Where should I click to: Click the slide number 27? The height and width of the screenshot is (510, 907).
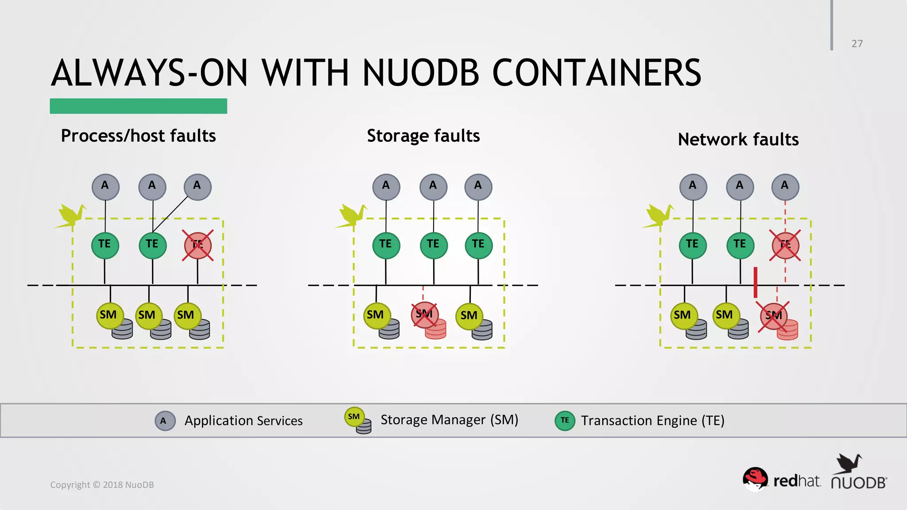point(857,43)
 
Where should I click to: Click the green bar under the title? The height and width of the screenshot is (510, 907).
point(138,106)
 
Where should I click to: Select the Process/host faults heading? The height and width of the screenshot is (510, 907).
point(138,135)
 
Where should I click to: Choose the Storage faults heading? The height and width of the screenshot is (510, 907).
point(423,135)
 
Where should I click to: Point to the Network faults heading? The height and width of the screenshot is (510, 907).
point(738,139)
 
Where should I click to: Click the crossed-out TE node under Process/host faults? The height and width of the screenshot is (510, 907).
point(198,245)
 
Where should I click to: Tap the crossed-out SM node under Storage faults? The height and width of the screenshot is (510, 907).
point(424,315)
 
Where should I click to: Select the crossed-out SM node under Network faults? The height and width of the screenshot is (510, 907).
point(773,316)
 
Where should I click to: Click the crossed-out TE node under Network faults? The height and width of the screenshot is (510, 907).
point(785,245)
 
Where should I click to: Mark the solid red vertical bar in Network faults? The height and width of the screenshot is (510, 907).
point(756,282)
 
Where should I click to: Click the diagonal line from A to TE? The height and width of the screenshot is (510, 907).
point(171,214)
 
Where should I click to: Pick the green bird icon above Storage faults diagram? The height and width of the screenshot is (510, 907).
point(352,216)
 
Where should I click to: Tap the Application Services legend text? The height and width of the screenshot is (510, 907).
point(244,421)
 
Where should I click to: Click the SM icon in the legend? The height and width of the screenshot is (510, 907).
point(357,419)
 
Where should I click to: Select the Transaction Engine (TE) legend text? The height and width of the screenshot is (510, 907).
point(652,421)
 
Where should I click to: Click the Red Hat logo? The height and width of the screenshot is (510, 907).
point(781,480)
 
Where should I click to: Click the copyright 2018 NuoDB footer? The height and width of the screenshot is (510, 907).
point(102,485)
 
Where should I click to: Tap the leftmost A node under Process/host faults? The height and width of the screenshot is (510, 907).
point(105,187)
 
